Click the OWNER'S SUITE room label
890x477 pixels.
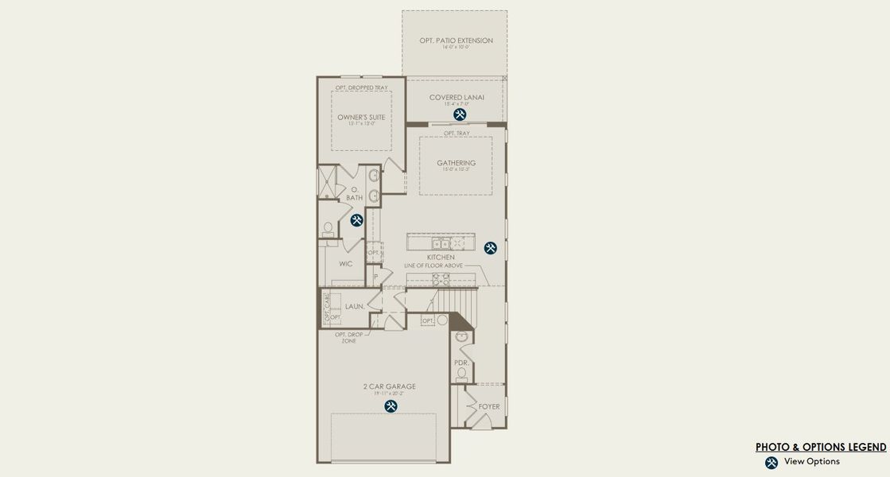click(x=361, y=117)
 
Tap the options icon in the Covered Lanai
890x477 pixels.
click(x=460, y=114)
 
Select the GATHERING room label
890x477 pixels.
click(x=456, y=163)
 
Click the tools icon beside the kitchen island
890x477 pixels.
click(x=490, y=248)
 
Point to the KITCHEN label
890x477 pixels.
click(x=441, y=258)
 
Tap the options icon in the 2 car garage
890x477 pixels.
click(x=391, y=406)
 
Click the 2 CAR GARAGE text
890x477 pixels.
click(x=390, y=387)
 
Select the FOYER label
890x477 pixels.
click(x=489, y=406)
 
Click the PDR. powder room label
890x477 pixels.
click(x=462, y=363)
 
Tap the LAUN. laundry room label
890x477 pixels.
click(x=355, y=306)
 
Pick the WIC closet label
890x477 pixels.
click(x=345, y=263)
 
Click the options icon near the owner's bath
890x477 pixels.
click(x=356, y=220)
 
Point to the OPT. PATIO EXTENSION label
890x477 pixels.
click(x=456, y=41)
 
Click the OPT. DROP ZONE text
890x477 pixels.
click(x=349, y=337)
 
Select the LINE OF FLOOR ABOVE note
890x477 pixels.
click(x=433, y=266)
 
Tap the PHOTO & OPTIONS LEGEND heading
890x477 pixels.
click(x=821, y=447)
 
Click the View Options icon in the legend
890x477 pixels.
click(x=771, y=463)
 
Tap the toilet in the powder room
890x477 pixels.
click(x=461, y=374)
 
